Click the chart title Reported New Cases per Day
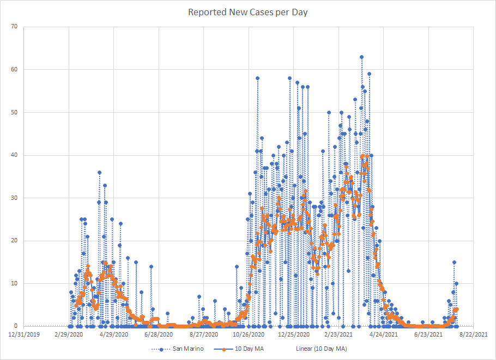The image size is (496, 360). tap(248, 12)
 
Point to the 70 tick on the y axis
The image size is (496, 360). tap(14, 26)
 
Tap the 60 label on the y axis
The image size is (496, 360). tap(14, 69)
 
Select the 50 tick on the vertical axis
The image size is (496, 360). tap(14, 112)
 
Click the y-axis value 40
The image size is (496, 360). tap(14, 155)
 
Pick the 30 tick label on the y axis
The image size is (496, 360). tap(14, 198)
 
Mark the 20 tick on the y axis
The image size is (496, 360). tap(14, 241)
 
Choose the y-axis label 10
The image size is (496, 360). tap(14, 283)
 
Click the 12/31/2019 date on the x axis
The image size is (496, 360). tap(24, 334)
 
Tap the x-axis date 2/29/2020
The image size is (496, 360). tap(69, 334)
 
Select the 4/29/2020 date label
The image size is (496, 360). tap(114, 334)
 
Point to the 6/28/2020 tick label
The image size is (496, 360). tap(159, 334)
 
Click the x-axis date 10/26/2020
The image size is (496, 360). tap(249, 334)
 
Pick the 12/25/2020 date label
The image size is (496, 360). tap(294, 334)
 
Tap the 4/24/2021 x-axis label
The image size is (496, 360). tap(384, 334)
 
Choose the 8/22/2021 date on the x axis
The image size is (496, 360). tap(474, 334)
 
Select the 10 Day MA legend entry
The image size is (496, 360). tap(250, 349)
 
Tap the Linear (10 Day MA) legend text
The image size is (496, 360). tap(322, 349)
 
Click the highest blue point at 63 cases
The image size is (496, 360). tap(361, 57)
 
